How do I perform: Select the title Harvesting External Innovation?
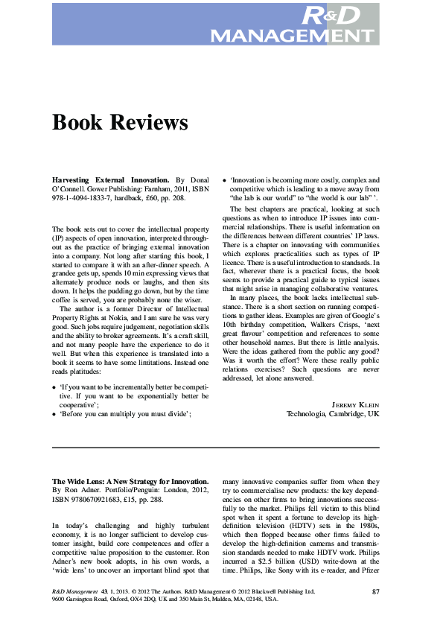[112, 180]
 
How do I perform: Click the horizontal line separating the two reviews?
[216, 447]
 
